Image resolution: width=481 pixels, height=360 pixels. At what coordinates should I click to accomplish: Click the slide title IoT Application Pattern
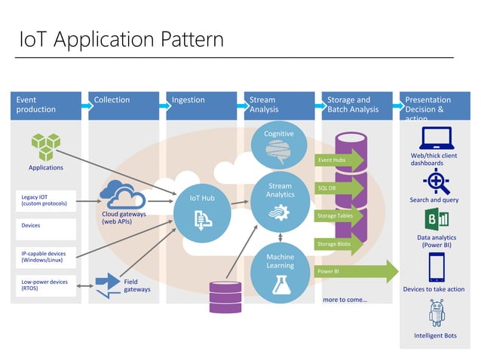click(x=121, y=38)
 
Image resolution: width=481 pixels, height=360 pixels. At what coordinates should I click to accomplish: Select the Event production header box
click(x=45, y=105)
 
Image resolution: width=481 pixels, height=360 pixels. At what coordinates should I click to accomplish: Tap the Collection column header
click(x=124, y=105)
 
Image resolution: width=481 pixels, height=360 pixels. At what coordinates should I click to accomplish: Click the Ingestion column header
click(x=200, y=105)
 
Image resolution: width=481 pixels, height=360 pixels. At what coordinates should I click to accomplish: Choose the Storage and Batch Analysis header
click(x=357, y=105)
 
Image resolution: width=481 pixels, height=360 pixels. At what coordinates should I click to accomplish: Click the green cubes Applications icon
click(x=45, y=146)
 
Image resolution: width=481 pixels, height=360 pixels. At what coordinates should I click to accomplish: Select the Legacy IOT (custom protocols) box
click(x=45, y=200)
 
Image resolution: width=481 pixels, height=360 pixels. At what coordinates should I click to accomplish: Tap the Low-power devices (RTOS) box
click(x=45, y=285)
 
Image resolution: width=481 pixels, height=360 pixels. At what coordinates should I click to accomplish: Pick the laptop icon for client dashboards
click(x=436, y=138)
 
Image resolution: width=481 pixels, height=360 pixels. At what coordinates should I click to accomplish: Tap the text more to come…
click(x=345, y=300)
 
